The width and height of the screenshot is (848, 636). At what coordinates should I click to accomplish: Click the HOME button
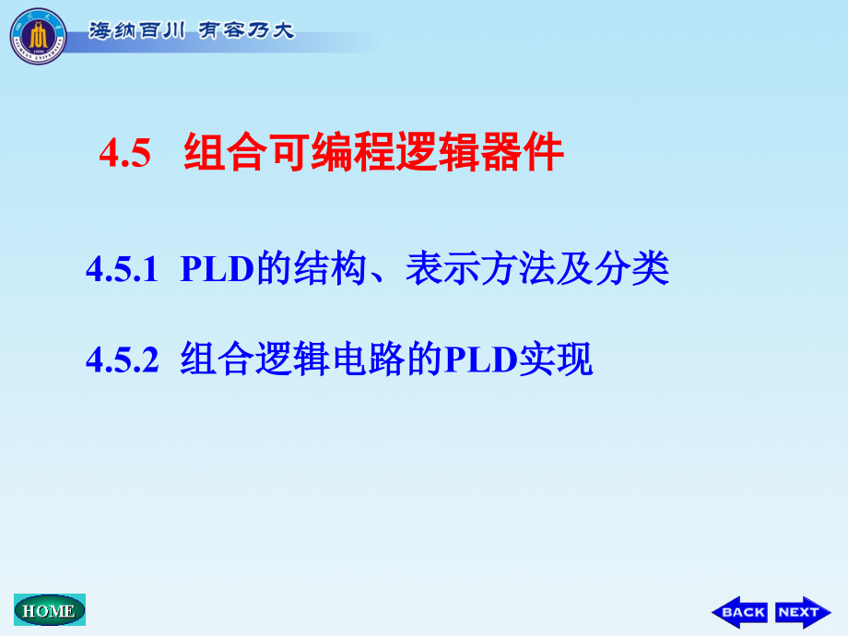(x=49, y=610)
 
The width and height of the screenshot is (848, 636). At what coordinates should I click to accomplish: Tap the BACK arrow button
(x=739, y=611)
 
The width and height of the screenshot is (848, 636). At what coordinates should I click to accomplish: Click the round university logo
(x=38, y=36)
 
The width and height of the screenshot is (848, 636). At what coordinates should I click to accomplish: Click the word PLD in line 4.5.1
(x=217, y=270)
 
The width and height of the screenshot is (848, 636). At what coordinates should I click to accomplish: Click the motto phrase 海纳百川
(x=138, y=29)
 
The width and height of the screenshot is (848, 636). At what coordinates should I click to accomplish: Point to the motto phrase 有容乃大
(x=243, y=29)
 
